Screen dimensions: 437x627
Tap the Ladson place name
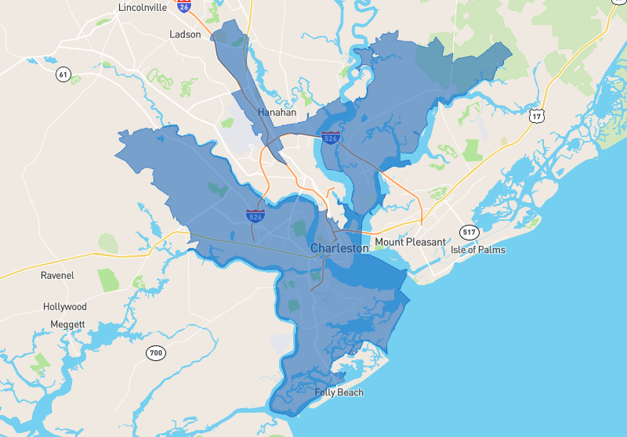pos(186,34)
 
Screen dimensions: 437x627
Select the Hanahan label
pos(277,112)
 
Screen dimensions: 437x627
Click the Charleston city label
pos(339,248)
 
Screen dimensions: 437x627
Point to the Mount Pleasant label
pos(410,242)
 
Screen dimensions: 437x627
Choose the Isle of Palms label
pos(478,250)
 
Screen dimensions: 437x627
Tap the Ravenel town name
pos(57,276)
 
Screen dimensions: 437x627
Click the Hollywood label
pos(65,307)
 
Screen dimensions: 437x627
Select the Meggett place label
pos(67,323)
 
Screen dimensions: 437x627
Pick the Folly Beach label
pos(339,392)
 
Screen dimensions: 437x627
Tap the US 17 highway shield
pos(536,117)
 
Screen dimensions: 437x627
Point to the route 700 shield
pos(156,353)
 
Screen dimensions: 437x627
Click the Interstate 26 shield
pos(184,6)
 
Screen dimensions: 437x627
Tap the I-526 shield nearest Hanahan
pos(330,138)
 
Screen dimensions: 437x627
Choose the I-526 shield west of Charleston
pos(256,215)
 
